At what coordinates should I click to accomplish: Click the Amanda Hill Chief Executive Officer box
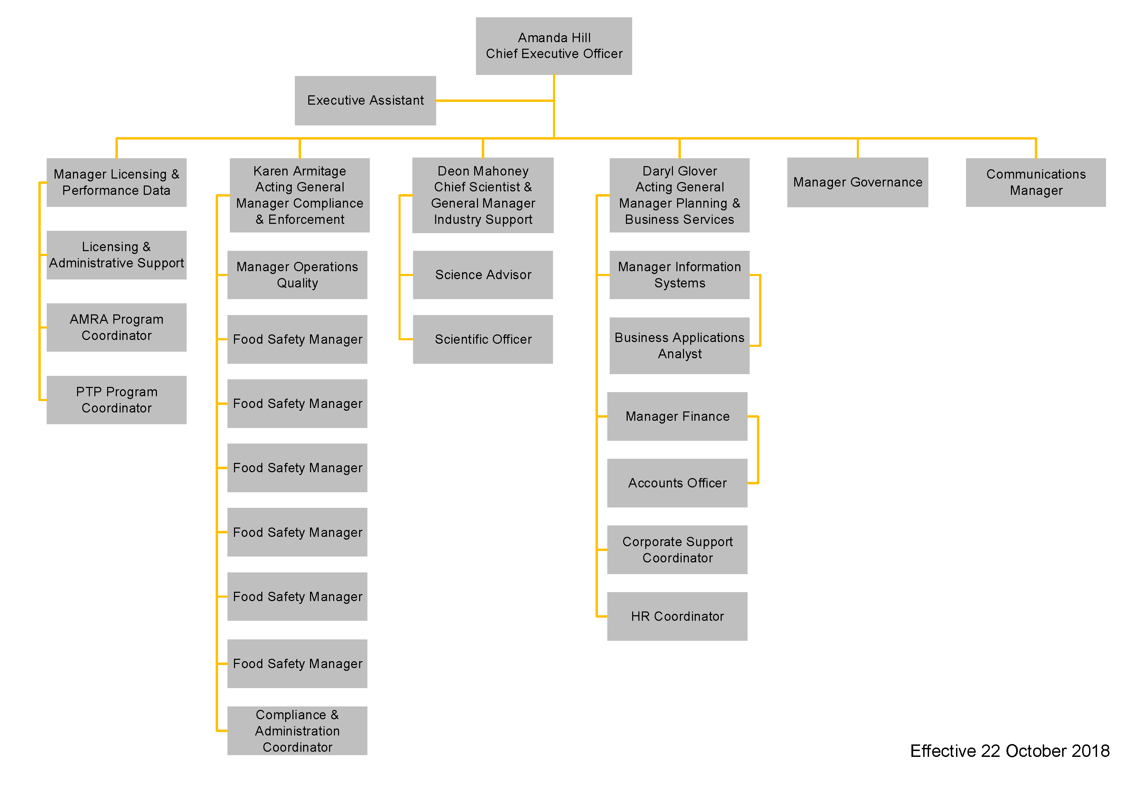coord(554,46)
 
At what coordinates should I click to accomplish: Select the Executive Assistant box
coord(365,101)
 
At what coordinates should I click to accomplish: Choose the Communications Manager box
coord(1036,182)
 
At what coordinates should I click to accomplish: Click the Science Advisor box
coord(483,275)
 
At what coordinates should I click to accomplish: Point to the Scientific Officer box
coord(483,339)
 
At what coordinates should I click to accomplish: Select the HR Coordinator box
coord(677,616)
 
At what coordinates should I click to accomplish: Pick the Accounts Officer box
coord(677,483)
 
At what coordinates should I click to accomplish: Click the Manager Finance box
coord(677,417)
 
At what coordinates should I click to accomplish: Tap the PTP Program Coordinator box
coord(116,400)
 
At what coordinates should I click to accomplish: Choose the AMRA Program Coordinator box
coord(116,327)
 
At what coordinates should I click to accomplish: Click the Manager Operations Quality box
coord(297,275)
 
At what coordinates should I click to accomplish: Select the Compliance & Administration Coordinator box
coord(297,731)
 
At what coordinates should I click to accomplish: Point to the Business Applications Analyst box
coord(680,346)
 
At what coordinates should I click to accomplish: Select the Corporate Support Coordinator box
coord(677,550)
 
